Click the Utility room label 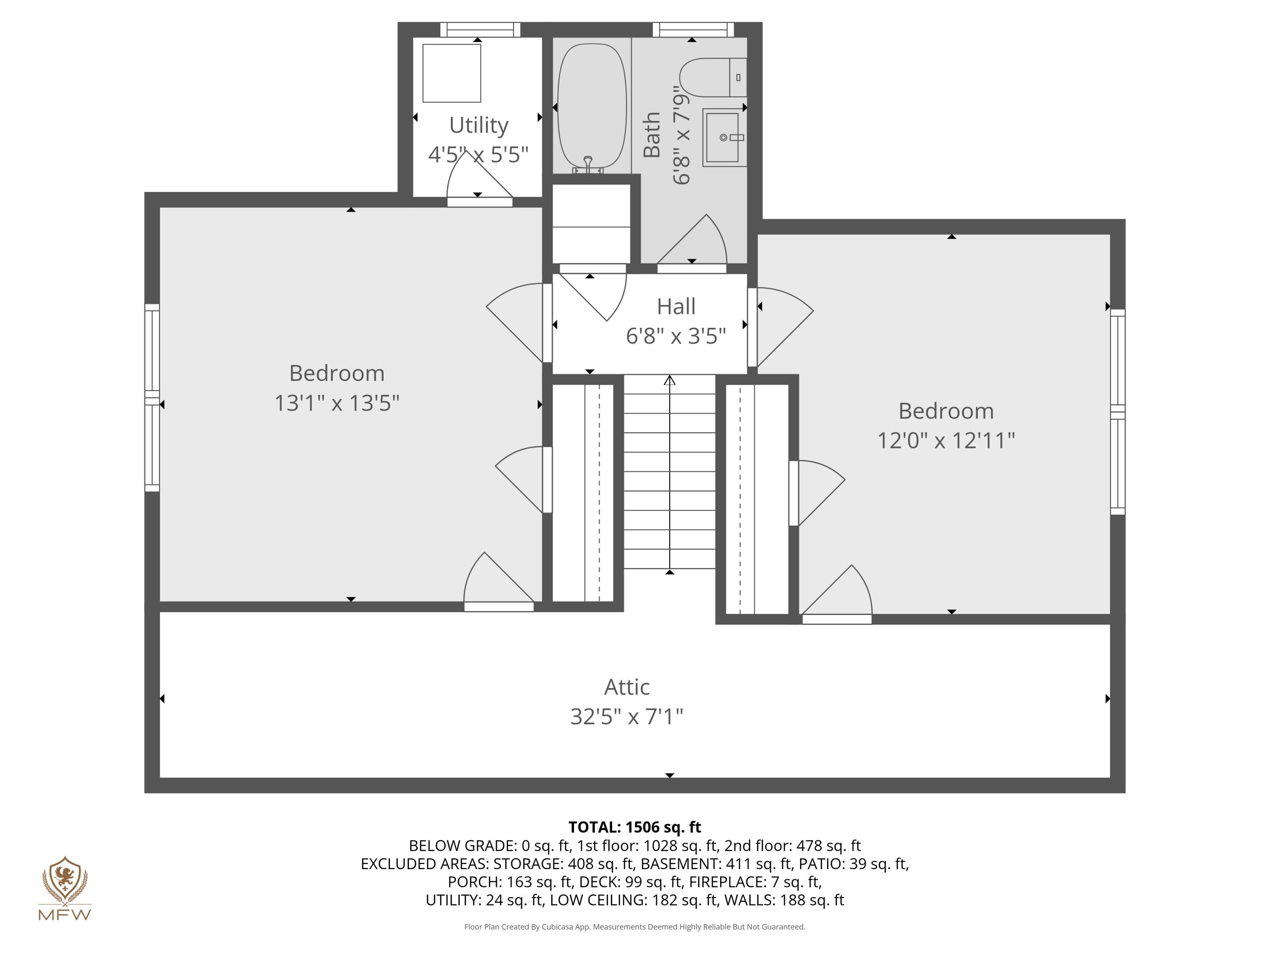click(x=478, y=125)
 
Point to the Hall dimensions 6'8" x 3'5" click(x=676, y=336)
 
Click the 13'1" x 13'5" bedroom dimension click(x=337, y=403)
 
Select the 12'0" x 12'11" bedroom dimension click(x=946, y=440)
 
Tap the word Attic click(x=627, y=687)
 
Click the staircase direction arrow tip click(x=669, y=380)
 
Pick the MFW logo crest click(x=65, y=879)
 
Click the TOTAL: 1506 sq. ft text click(x=635, y=827)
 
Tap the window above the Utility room click(x=480, y=29)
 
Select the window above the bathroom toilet click(x=693, y=29)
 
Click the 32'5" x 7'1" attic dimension click(x=627, y=716)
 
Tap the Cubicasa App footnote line click(x=635, y=927)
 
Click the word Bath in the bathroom click(x=652, y=135)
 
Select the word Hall click(x=676, y=306)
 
